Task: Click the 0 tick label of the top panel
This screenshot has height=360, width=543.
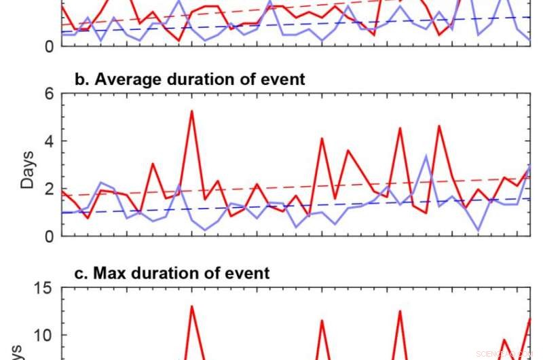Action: coord(49,46)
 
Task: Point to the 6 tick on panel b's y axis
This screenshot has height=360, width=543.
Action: coord(49,94)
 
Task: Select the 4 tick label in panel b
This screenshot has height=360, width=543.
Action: coord(49,141)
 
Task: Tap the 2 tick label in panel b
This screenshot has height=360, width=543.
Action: coord(49,189)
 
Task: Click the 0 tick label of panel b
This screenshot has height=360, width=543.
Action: coord(49,236)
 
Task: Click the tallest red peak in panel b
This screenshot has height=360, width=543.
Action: coord(191,111)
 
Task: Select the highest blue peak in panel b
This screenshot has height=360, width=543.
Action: coord(426,156)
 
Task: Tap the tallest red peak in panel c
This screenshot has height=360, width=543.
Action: coord(191,306)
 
